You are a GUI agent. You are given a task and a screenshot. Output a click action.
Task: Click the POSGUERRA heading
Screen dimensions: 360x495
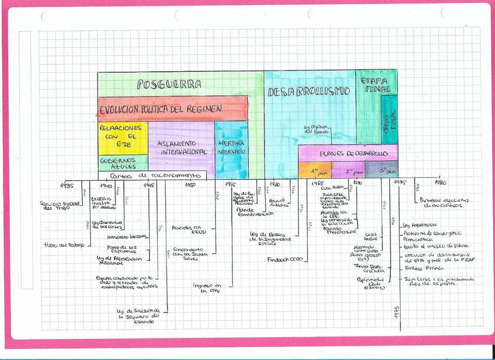pos(169,85)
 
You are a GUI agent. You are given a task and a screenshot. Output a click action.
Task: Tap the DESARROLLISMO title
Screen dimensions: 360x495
pos(309,92)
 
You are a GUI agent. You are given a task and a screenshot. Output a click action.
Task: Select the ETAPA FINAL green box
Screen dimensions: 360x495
pos(376,85)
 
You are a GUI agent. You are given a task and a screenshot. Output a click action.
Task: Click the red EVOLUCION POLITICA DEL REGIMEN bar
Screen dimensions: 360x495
pos(161,109)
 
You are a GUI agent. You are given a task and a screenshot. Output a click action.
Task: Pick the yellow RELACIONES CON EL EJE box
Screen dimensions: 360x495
pos(122,136)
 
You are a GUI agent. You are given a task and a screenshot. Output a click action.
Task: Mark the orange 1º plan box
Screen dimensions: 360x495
pos(316,171)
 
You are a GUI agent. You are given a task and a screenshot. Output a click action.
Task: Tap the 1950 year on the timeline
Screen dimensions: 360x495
pos(190,185)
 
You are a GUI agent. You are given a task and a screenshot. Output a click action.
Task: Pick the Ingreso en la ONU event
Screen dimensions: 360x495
pos(207,289)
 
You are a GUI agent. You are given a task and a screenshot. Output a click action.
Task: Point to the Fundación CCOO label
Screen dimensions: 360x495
pos(285,259)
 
